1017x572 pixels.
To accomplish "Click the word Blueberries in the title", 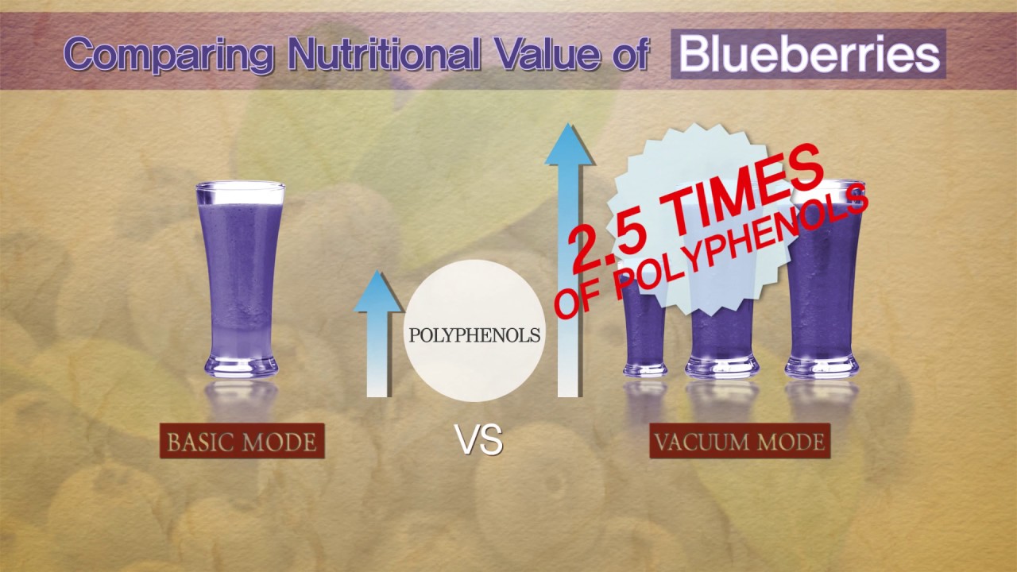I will tap(808, 54).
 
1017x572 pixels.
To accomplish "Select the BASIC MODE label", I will tap(242, 441).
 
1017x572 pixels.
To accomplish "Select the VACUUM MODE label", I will tap(740, 441).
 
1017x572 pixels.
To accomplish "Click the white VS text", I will tap(478, 440).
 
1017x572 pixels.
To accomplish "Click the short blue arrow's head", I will tap(379, 290).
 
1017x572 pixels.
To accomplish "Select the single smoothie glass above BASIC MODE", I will tap(241, 278).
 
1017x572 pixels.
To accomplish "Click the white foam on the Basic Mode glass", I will tap(241, 195).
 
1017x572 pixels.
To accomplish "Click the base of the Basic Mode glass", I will tap(241, 367).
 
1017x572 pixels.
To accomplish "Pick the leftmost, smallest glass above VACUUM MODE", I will tap(644, 334).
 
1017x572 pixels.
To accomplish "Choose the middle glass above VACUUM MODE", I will tap(721, 334).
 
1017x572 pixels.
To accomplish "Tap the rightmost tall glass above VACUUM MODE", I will tap(822, 302).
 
